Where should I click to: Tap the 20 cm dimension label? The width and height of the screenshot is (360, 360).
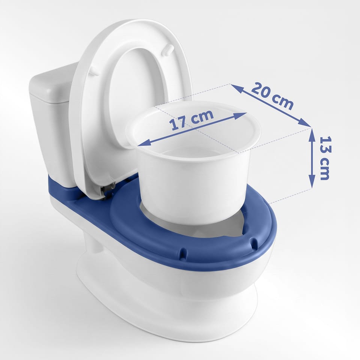click(x=273, y=96)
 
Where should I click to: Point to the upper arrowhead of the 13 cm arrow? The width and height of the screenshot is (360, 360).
click(x=312, y=134)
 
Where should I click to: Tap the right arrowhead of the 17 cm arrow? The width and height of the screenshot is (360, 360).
click(x=241, y=115)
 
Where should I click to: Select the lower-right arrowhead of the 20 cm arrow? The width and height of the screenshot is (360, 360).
click(x=304, y=123)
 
